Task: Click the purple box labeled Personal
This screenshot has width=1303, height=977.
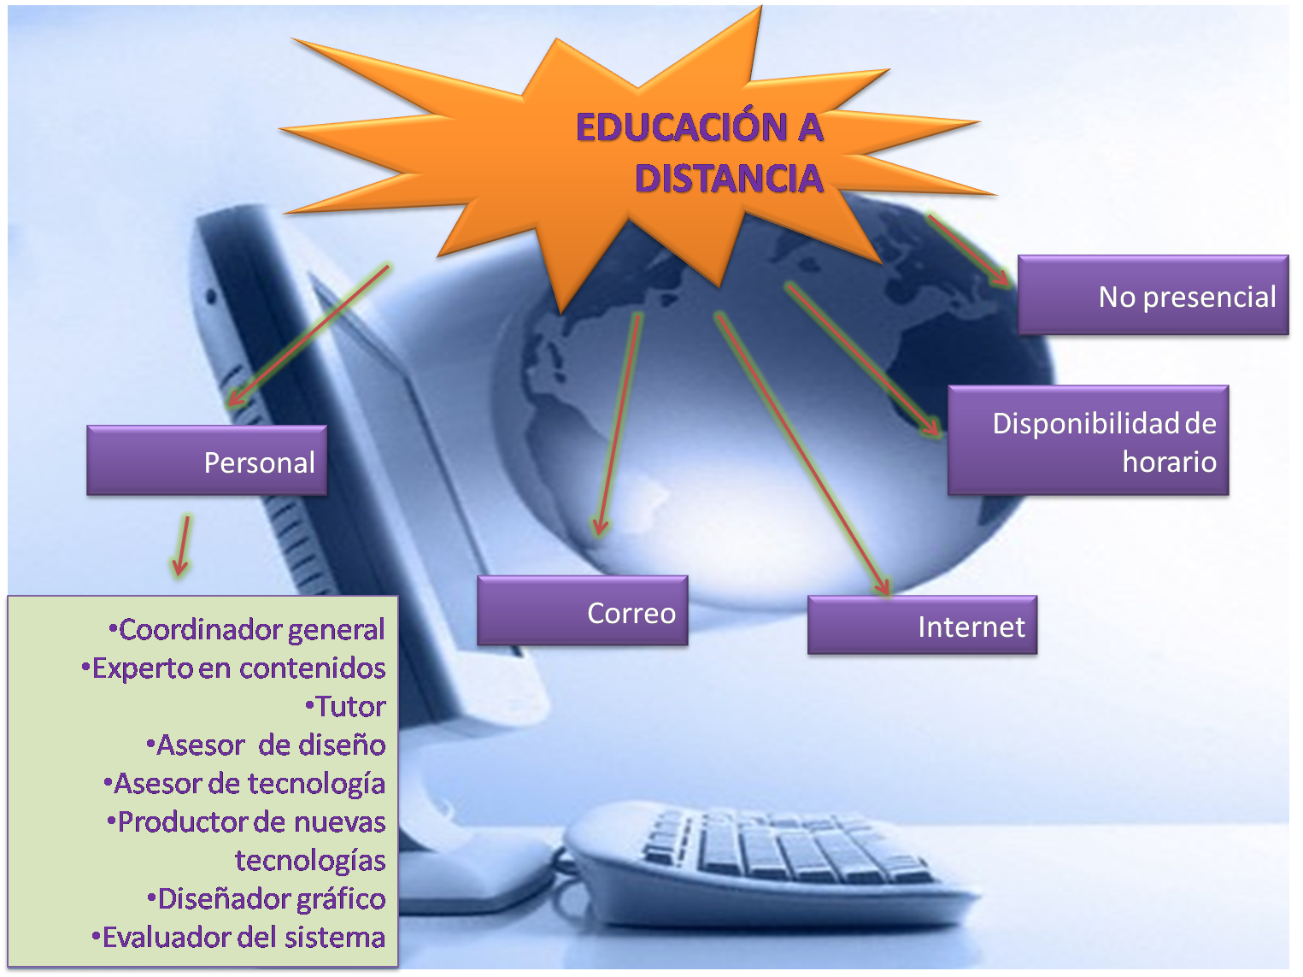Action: pyautogui.click(x=207, y=461)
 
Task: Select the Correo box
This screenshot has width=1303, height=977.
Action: pyautogui.click(x=583, y=611)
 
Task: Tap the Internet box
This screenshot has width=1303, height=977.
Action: pyautogui.click(x=922, y=626)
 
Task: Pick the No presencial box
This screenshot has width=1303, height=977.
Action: pyautogui.click(x=1153, y=296)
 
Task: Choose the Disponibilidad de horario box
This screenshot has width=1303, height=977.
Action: pyautogui.click(x=1088, y=441)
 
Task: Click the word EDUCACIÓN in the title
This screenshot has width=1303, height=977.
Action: pyautogui.click(x=682, y=127)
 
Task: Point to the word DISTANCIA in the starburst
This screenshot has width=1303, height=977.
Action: pyautogui.click(x=729, y=179)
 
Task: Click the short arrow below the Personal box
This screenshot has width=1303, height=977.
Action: pyautogui.click(x=182, y=545)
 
